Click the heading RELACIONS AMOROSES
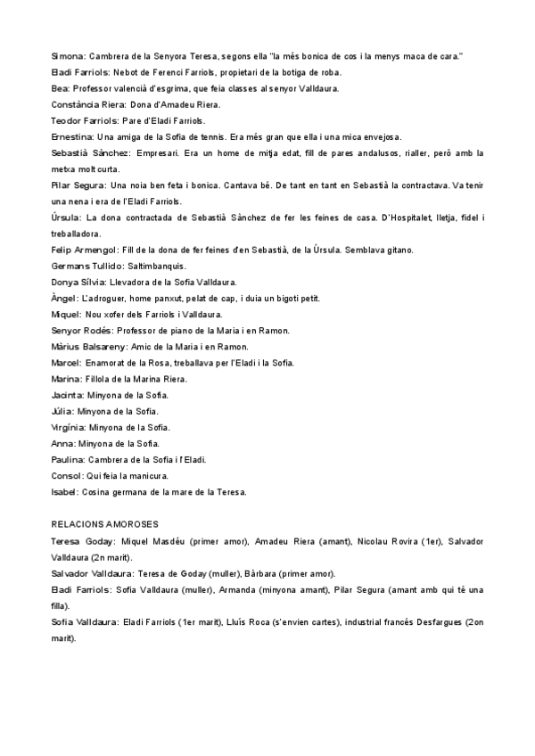[105, 524]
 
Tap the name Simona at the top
[67, 56]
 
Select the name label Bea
[59, 88]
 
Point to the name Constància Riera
[83, 104]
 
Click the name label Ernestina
[72, 136]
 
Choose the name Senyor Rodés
[80, 330]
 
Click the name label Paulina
[69, 459]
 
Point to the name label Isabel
[64, 491]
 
